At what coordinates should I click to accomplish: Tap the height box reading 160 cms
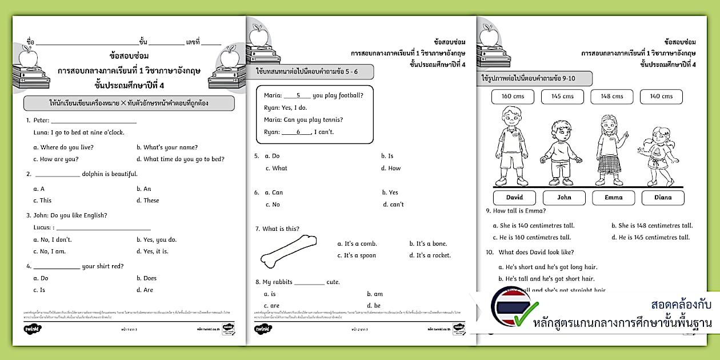point(513,97)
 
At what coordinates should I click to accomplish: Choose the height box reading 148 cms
point(612,97)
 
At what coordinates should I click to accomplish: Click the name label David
point(514,198)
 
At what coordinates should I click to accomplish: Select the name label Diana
point(662,198)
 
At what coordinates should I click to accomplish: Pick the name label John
point(564,198)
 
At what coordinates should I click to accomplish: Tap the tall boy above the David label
point(510,147)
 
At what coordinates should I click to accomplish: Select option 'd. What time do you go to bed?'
point(181,159)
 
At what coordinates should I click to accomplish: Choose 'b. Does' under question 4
point(146,278)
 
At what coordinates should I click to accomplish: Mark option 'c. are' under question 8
point(272,306)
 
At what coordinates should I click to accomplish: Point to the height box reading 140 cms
point(661,97)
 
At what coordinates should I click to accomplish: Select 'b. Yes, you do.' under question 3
point(157,240)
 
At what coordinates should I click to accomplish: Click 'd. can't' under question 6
point(393,205)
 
